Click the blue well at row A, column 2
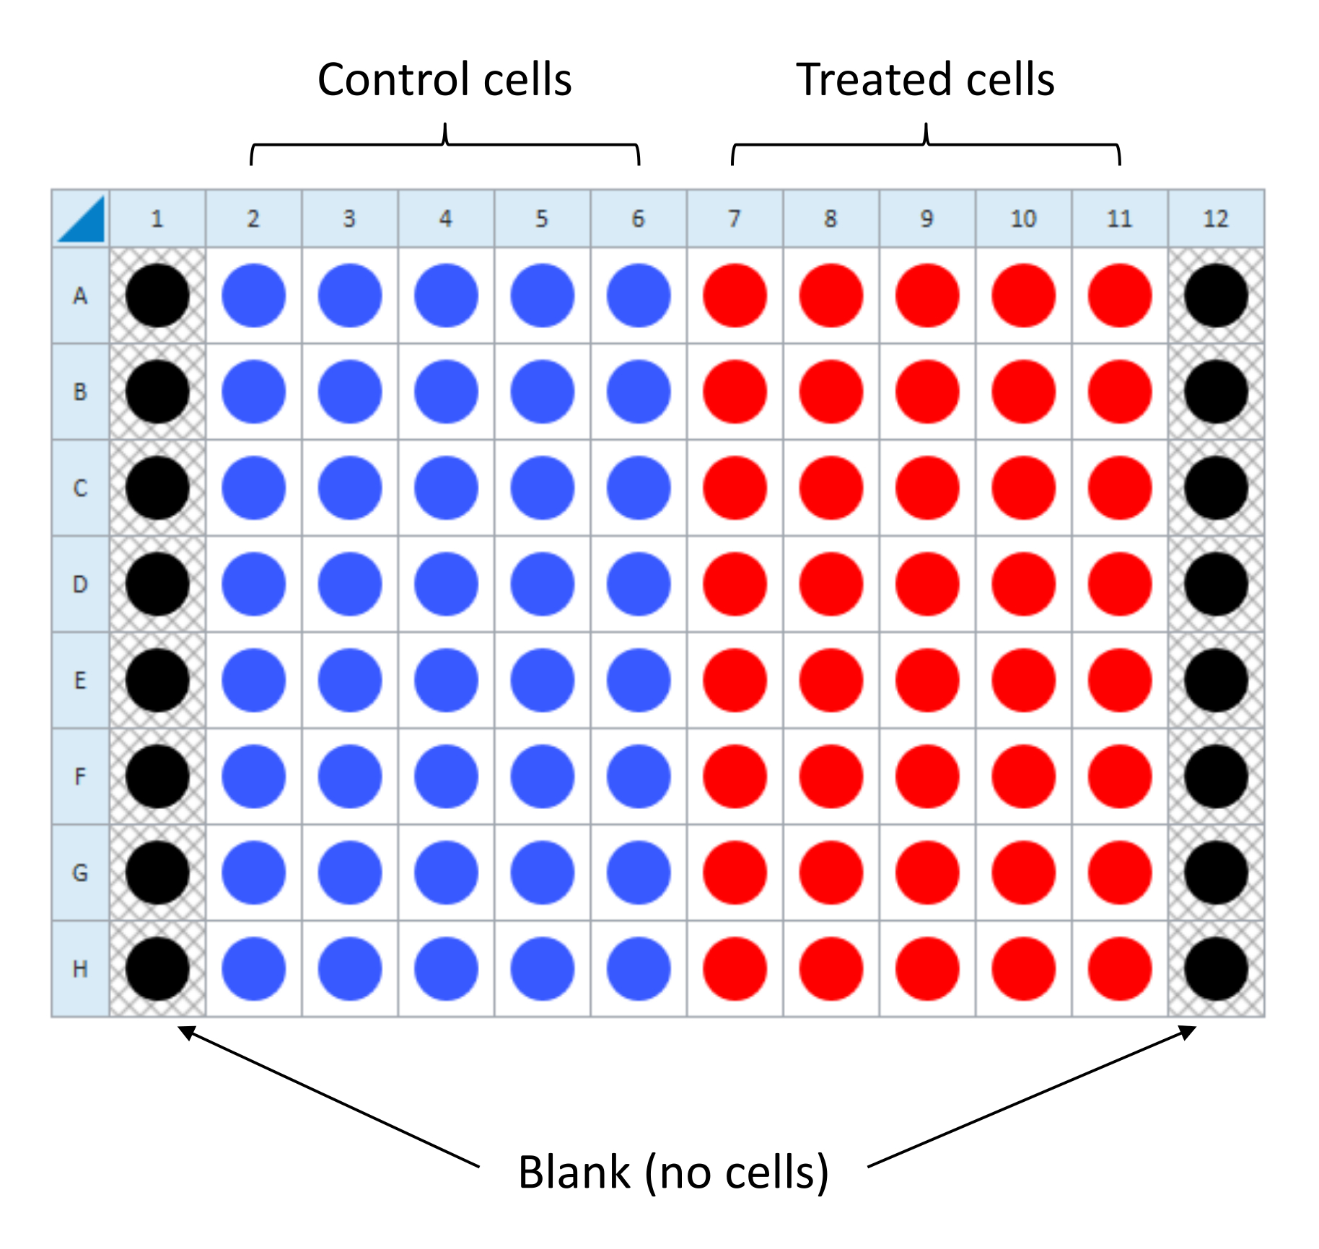[x=253, y=296]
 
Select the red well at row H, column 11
[x=1119, y=968]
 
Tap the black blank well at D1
[x=157, y=584]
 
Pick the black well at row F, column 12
[x=1216, y=777]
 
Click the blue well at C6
[x=639, y=488]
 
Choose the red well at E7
[x=735, y=680]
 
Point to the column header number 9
[x=927, y=219]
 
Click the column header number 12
[x=1216, y=219]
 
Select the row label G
[x=80, y=873]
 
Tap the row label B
[x=80, y=392]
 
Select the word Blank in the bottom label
[x=574, y=1172]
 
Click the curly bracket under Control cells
[x=445, y=144]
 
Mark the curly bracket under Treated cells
[x=926, y=144]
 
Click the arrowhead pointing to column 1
[x=185, y=1033]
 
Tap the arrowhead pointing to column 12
[x=1187, y=1032]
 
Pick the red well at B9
[x=927, y=392]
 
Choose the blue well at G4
[x=446, y=873]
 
